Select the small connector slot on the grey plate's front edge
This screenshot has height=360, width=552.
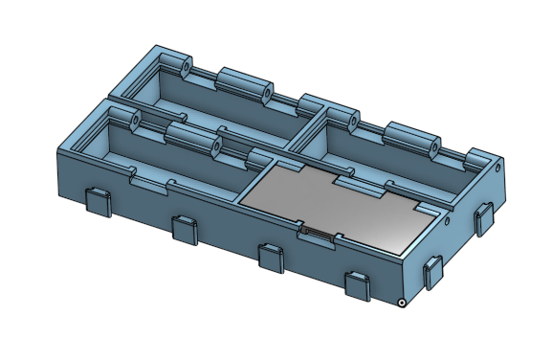(x=317, y=232)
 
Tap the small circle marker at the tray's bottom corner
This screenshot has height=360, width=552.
(x=404, y=304)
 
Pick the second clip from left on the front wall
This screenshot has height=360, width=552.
(x=185, y=229)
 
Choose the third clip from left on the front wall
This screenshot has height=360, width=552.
(x=272, y=257)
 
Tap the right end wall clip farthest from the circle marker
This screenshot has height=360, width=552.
(x=485, y=217)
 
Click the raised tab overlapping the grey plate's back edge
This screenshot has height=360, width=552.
(x=357, y=181)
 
